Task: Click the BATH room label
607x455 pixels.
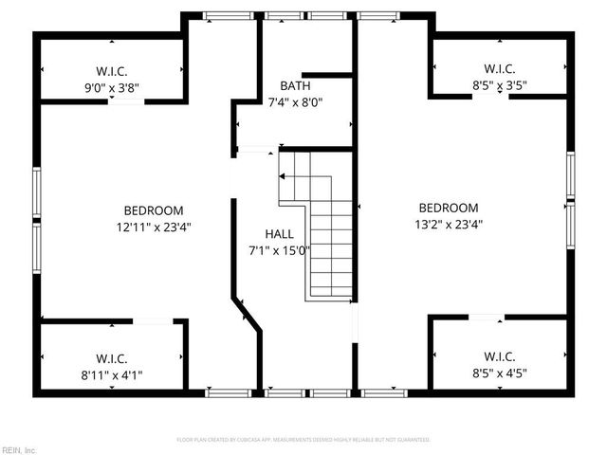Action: click(295, 86)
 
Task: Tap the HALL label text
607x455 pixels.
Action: click(279, 234)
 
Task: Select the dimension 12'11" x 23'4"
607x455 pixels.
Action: click(154, 227)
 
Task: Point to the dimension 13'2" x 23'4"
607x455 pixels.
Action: click(449, 225)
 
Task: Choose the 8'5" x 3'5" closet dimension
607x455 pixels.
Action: click(499, 85)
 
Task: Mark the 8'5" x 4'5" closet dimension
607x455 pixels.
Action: click(499, 373)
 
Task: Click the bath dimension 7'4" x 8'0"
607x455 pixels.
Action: click(295, 103)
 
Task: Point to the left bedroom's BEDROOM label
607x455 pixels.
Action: click(154, 210)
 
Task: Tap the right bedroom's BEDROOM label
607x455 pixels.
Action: click(449, 208)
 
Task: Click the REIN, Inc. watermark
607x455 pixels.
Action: click(19, 449)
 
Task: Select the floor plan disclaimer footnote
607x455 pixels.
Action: click(303, 440)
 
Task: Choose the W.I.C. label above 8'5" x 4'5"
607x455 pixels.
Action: click(499, 356)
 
